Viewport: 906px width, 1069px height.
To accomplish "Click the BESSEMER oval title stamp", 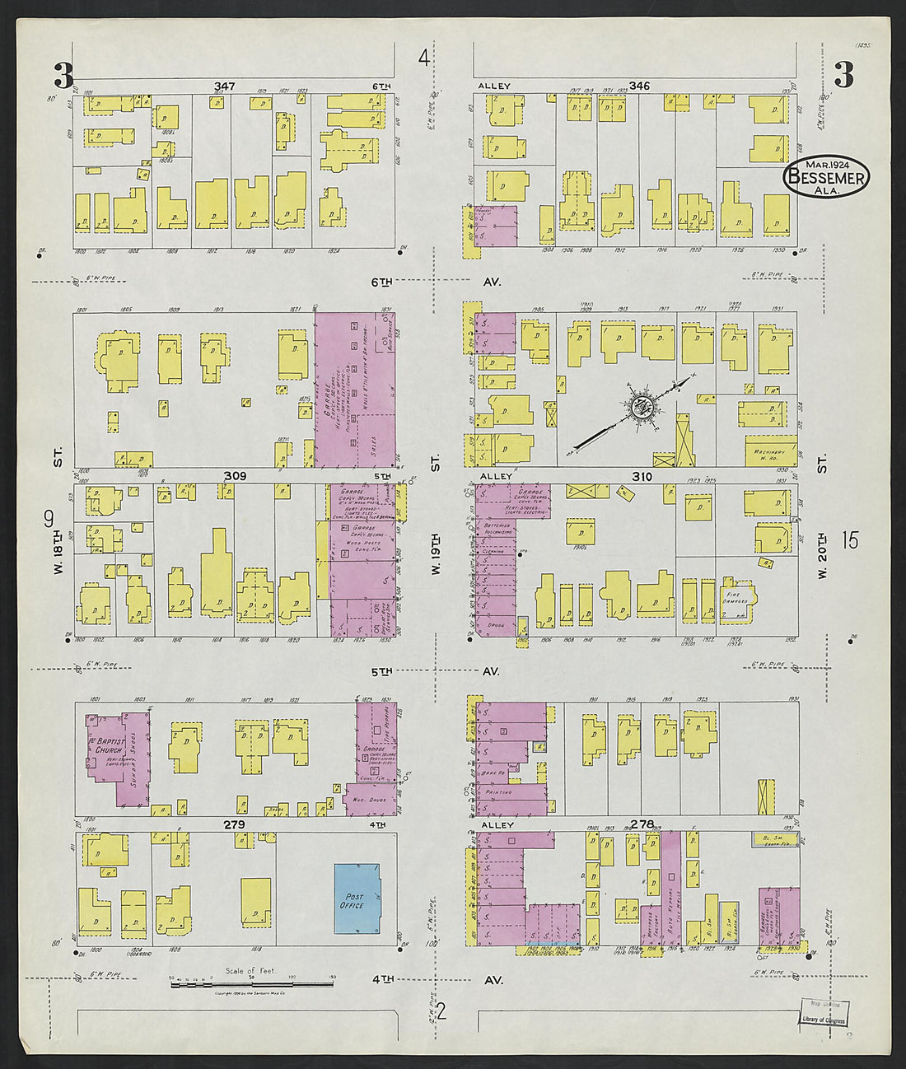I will point(826,177).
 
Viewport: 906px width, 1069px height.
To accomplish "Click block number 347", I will point(224,86).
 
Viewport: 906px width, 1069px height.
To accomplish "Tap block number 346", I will point(639,86).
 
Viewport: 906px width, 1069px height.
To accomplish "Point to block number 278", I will point(642,824).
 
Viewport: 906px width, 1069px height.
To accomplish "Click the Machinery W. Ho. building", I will point(772,452).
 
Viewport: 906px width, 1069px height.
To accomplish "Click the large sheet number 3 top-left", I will point(63,76).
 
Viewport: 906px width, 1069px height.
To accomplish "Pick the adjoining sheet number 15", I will point(850,540).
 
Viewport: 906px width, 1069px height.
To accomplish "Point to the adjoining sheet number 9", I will point(49,519).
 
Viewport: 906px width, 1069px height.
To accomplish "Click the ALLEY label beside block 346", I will point(494,86).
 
